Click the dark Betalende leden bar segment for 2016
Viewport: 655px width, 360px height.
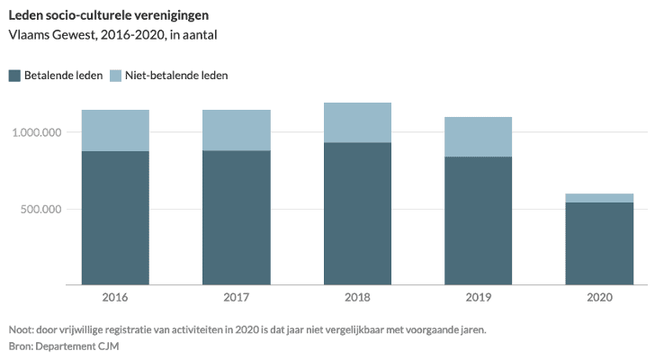click(x=115, y=218)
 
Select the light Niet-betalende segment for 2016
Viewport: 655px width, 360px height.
click(x=115, y=130)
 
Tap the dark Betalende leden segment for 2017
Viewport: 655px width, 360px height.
click(x=237, y=218)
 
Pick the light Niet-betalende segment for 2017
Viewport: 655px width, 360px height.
click(x=237, y=130)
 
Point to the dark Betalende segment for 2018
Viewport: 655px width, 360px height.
click(x=357, y=213)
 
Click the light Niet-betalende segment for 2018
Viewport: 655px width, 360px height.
click(x=357, y=122)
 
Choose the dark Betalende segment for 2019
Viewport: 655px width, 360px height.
click(x=479, y=220)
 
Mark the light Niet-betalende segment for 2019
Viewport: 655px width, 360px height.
click(x=479, y=137)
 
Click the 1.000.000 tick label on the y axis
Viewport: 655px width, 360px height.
click(x=37, y=132)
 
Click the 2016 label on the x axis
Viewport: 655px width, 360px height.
click(x=115, y=298)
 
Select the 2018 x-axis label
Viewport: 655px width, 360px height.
click(x=357, y=298)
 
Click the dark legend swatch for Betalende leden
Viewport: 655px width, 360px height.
click(x=14, y=76)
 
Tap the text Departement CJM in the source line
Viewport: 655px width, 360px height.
click(x=82, y=346)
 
